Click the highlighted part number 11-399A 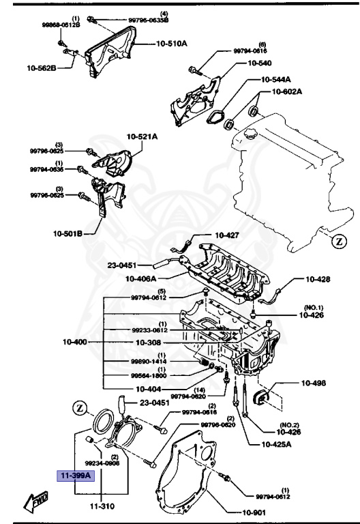coord(74,475)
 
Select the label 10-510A coord(171,42)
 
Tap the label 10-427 coord(227,235)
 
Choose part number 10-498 coord(314,384)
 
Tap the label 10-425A coord(276,444)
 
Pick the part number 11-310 coord(101,507)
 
